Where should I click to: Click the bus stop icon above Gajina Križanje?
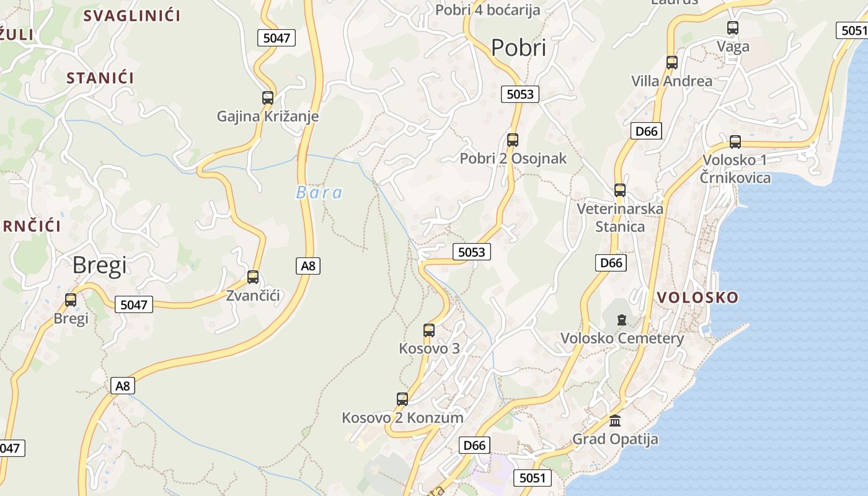click(268, 97)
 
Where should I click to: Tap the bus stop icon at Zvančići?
click(253, 277)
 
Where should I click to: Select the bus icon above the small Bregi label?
click(71, 300)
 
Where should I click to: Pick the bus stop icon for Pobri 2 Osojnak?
click(513, 139)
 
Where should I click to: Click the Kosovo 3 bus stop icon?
click(429, 330)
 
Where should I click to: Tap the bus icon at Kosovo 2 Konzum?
click(402, 399)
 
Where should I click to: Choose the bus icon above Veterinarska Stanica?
click(620, 190)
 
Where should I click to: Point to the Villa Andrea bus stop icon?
click(672, 62)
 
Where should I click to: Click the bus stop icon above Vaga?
click(733, 27)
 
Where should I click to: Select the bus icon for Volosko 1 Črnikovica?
click(735, 141)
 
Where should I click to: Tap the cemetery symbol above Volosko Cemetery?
click(622, 320)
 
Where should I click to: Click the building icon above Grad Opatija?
click(615, 420)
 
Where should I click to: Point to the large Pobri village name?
click(518, 48)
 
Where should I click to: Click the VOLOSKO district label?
click(697, 298)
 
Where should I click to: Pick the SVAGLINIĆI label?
click(131, 15)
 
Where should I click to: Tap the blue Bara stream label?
click(319, 193)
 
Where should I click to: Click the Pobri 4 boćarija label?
click(487, 10)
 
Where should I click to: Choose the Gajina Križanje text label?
click(268, 116)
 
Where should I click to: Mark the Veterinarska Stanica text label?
click(620, 218)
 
